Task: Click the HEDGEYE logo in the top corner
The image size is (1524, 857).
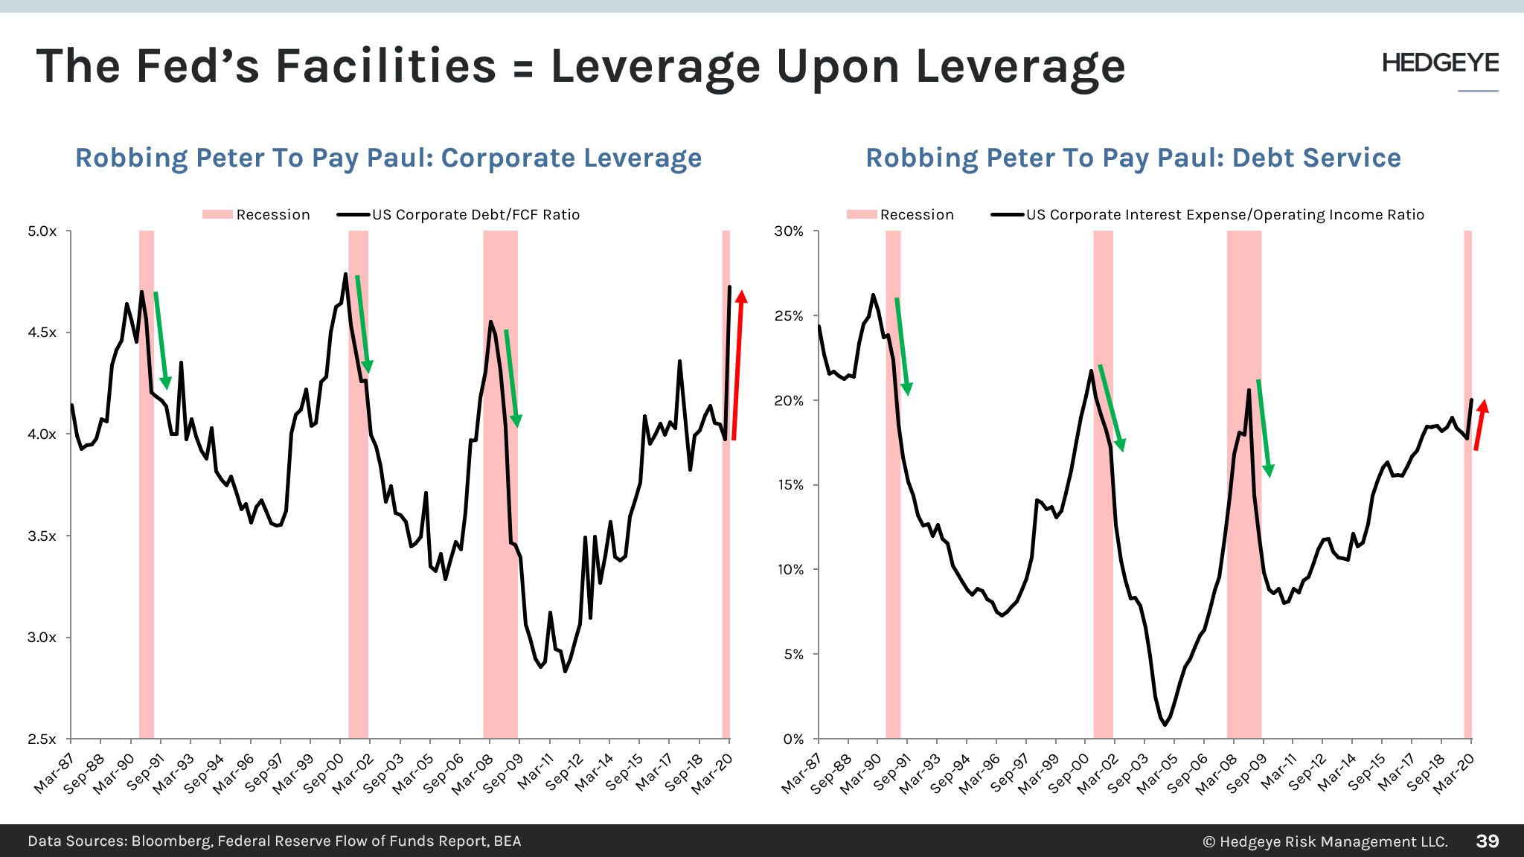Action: [x=1440, y=63]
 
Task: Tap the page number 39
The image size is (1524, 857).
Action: [x=1487, y=841]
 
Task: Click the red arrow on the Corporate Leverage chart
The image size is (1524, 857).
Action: [x=737, y=365]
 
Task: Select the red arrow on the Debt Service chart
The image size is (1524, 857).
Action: [x=1480, y=425]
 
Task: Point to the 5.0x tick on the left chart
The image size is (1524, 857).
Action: [x=42, y=231]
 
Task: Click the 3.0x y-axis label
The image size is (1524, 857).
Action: [x=42, y=638]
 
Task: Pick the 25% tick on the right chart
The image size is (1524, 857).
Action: [x=789, y=316]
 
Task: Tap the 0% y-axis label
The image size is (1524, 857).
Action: [x=793, y=739]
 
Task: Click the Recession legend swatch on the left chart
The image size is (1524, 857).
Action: [x=217, y=215]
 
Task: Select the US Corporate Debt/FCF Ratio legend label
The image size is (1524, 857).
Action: [x=476, y=215]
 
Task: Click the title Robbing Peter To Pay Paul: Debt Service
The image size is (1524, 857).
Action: [x=1133, y=158]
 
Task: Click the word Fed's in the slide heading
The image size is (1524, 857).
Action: [x=198, y=66]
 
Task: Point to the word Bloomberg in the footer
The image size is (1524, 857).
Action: [x=171, y=841]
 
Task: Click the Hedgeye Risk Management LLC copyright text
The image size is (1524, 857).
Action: [x=1325, y=841]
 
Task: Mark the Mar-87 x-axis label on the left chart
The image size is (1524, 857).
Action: [x=54, y=774]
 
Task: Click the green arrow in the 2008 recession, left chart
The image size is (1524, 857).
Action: [x=511, y=377]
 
